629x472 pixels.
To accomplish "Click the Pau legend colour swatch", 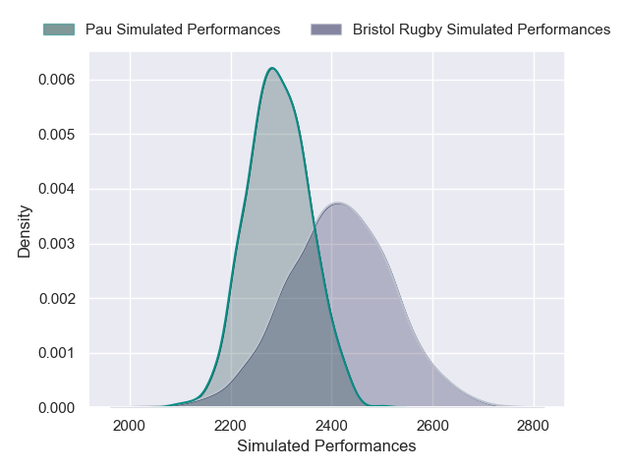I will click(59, 29).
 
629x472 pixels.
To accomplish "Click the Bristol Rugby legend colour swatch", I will click(326, 29).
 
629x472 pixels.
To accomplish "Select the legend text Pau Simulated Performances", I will click(183, 29).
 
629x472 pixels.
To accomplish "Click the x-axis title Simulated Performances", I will click(326, 446).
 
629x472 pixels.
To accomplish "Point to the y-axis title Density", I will click(25, 231).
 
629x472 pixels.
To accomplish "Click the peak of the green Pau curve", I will click(272, 68).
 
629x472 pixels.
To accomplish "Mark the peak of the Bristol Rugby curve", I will click(337, 203).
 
